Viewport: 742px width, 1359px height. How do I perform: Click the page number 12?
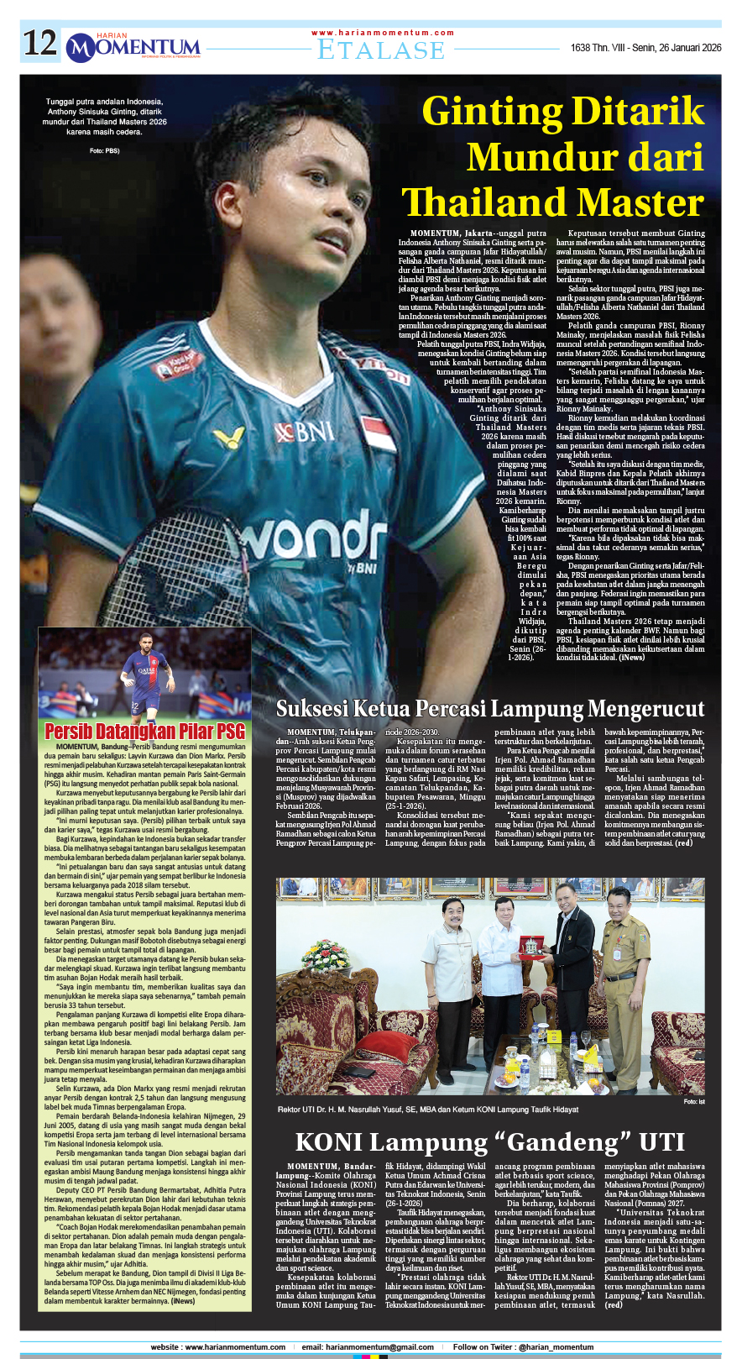(x=39, y=44)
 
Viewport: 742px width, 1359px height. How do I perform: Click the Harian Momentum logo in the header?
(x=133, y=47)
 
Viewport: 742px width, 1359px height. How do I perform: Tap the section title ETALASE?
(x=381, y=50)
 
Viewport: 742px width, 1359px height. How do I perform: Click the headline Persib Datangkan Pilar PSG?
(x=144, y=731)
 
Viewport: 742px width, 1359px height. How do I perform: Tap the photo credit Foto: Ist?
(x=693, y=1101)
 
